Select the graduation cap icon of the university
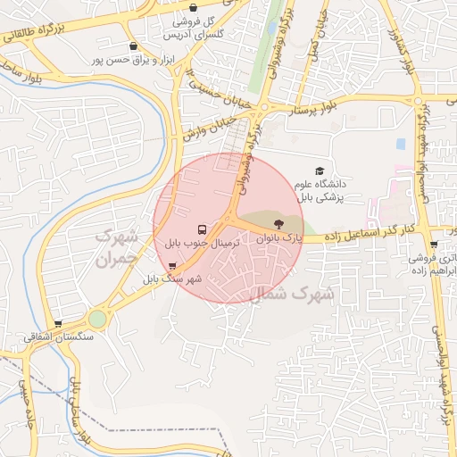coord(320,170)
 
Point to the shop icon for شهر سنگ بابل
coord(172,266)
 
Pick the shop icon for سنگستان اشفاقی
coord(59,324)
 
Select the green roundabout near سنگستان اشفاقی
coord(96,319)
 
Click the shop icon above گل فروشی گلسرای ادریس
coord(194,8)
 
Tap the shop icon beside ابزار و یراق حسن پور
coord(133,46)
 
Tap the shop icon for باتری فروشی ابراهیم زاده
coord(434,244)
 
